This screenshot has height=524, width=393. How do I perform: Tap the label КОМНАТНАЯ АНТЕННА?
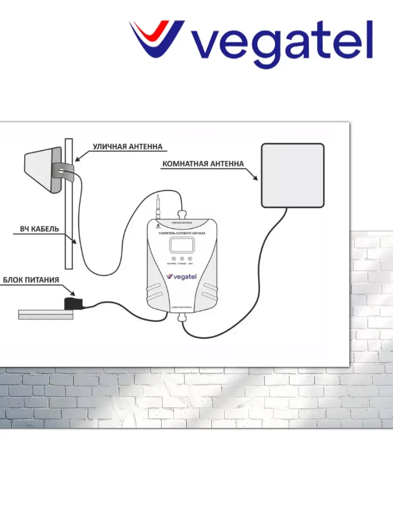(203, 164)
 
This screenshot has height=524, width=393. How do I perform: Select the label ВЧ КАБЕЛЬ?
(39, 229)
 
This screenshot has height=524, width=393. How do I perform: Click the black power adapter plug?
(70, 303)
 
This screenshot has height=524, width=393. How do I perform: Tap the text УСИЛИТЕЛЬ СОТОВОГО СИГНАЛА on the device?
(182, 234)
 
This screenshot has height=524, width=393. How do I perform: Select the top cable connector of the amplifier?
(182, 215)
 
